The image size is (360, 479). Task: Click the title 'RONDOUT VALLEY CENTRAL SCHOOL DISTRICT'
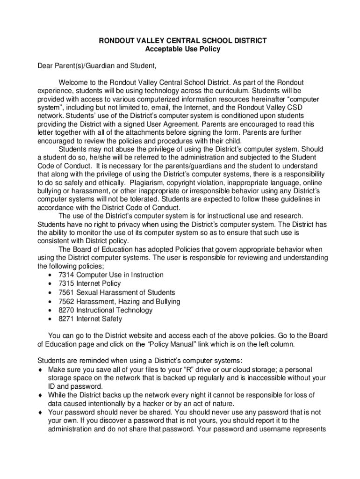point(182,41)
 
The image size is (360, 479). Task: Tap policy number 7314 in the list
point(66,275)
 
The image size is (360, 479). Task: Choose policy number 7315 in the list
point(66,283)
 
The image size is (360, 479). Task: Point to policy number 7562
point(66,301)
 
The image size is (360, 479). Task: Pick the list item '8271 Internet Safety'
point(90,319)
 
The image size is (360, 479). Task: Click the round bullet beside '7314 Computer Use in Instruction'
point(50,275)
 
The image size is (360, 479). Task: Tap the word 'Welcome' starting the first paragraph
point(73,83)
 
